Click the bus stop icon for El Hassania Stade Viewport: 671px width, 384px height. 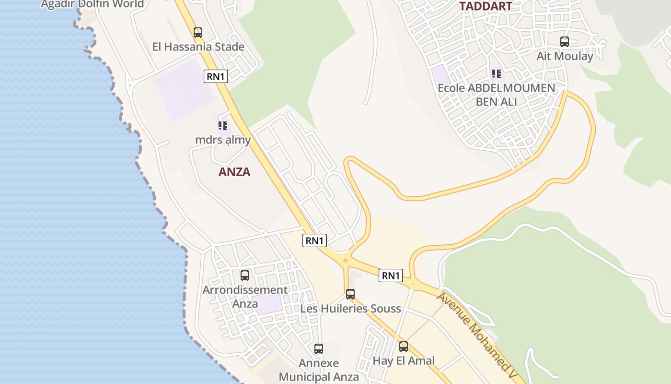pyautogui.click(x=198, y=33)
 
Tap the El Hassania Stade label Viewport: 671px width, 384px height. pyautogui.click(x=198, y=47)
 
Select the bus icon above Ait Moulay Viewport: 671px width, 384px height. pyautogui.click(x=565, y=42)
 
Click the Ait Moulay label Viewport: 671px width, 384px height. pyautogui.click(x=565, y=56)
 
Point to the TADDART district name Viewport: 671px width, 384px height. pyautogui.click(x=486, y=6)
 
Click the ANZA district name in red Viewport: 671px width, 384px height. pyautogui.click(x=234, y=172)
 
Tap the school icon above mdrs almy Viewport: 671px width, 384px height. pyautogui.click(x=222, y=126)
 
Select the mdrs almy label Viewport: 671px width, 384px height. pyautogui.click(x=223, y=140)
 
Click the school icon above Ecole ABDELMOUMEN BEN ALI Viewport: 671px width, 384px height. pyautogui.click(x=497, y=74)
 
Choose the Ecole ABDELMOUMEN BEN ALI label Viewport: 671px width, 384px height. pyautogui.click(x=497, y=95)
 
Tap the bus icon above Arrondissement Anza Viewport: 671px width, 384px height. pyautogui.click(x=245, y=276)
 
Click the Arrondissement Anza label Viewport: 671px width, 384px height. pyautogui.click(x=245, y=297)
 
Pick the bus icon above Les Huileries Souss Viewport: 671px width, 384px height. pyautogui.click(x=350, y=294)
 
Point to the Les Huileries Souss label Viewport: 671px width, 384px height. pyautogui.click(x=350, y=309)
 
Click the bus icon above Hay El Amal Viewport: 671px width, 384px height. pyautogui.click(x=404, y=347)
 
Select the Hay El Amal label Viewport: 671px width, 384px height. pyautogui.click(x=404, y=360)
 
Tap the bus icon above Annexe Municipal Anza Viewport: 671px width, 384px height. pyautogui.click(x=319, y=349)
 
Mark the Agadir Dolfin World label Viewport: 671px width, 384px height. pyautogui.click(x=92, y=4)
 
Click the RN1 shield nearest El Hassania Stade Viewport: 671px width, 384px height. pyautogui.click(x=216, y=76)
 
